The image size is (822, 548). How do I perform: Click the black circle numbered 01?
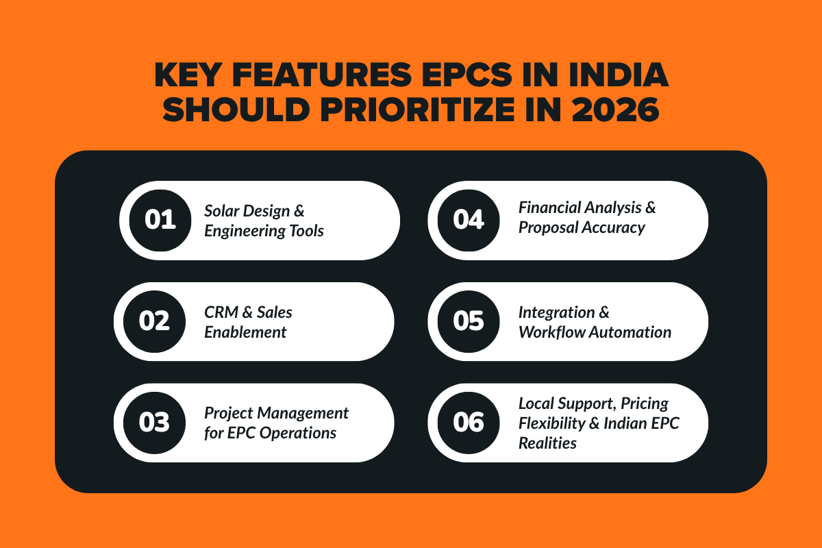pos(160,221)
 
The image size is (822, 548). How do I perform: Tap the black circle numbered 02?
pos(154,321)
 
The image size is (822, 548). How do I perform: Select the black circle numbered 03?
pos(154,423)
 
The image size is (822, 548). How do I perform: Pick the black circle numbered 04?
pos(469,221)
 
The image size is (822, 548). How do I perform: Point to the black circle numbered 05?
pos(469,321)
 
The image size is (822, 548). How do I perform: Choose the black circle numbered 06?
pos(469,423)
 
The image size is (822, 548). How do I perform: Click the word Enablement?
pos(245,332)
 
